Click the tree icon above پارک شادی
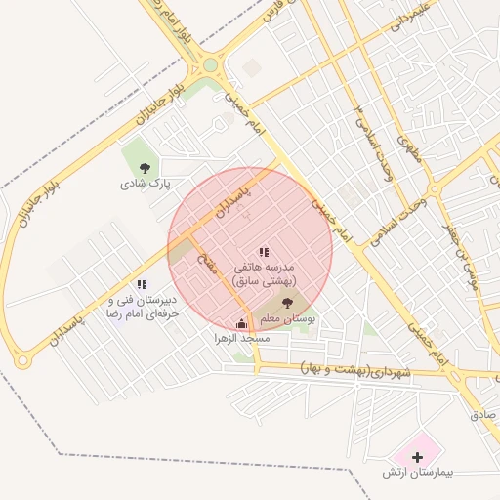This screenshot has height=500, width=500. click(145, 167)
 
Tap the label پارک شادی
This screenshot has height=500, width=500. click(146, 183)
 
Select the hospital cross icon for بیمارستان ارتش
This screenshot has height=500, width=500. click(418, 457)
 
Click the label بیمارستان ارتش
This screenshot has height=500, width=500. click(420, 473)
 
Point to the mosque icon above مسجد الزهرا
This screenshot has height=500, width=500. click(242, 323)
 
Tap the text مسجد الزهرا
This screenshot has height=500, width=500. click(242, 338)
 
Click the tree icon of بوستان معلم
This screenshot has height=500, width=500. click(286, 304)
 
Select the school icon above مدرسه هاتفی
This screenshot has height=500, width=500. click(263, 252)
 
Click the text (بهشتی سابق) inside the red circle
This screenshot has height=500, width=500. click(263, 280)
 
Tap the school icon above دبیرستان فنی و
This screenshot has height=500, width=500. click(142, 284)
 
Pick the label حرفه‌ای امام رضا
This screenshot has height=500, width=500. click(146, 316)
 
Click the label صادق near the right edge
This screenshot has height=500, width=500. click(483, 414)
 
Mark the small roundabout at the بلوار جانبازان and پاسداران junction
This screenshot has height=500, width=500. click(21, 361)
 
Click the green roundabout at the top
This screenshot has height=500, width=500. click(210, 66)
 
